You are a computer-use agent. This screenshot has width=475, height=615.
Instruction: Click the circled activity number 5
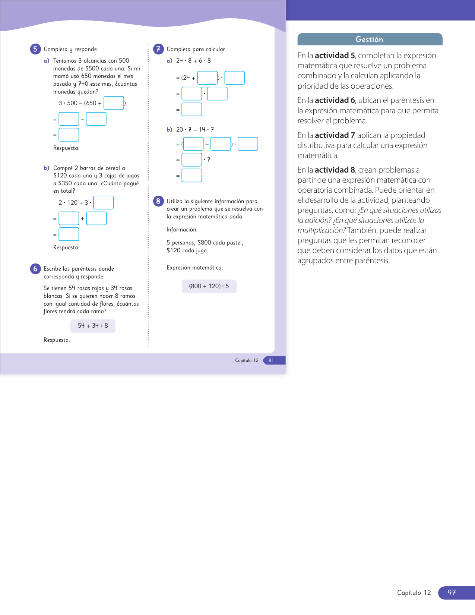pos(35,49)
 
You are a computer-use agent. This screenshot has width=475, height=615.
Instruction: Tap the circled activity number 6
pos(35,269)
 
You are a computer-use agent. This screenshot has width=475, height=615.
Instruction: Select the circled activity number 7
pos(158,49)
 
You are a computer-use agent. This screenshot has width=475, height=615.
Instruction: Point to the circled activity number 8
pos(158,201)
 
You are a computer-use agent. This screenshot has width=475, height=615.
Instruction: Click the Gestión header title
pos(369,40)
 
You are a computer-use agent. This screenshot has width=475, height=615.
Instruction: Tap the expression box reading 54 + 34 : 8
pos(93,326)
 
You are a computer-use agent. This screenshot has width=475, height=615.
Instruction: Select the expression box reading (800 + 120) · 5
pos(209,286)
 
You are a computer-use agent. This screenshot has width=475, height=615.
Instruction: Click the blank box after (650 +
pos(114,103)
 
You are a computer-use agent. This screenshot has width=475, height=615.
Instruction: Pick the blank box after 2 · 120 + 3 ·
pos(104,203)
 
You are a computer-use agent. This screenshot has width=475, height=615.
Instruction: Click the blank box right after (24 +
pos(208,78)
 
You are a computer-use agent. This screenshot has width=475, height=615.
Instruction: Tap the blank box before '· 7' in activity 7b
pos(192,160)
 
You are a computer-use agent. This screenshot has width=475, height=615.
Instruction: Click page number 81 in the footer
pos(271,360)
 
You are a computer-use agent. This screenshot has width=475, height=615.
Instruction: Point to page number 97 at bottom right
pos(452,593)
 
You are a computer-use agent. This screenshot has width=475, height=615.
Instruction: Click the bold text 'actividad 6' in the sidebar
pos(335,100)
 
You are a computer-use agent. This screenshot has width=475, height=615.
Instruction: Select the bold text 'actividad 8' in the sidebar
pos(335,170)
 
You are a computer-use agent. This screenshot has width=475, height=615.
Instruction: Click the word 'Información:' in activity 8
pos(182,230)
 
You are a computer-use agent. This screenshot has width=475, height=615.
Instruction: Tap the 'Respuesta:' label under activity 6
pos(57,340)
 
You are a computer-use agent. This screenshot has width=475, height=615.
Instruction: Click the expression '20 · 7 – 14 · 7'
pos(195,130)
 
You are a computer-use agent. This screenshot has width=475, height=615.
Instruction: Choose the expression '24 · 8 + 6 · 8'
pos(193,61)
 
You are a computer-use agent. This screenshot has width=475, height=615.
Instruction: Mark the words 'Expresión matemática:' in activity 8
pos(195,268)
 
